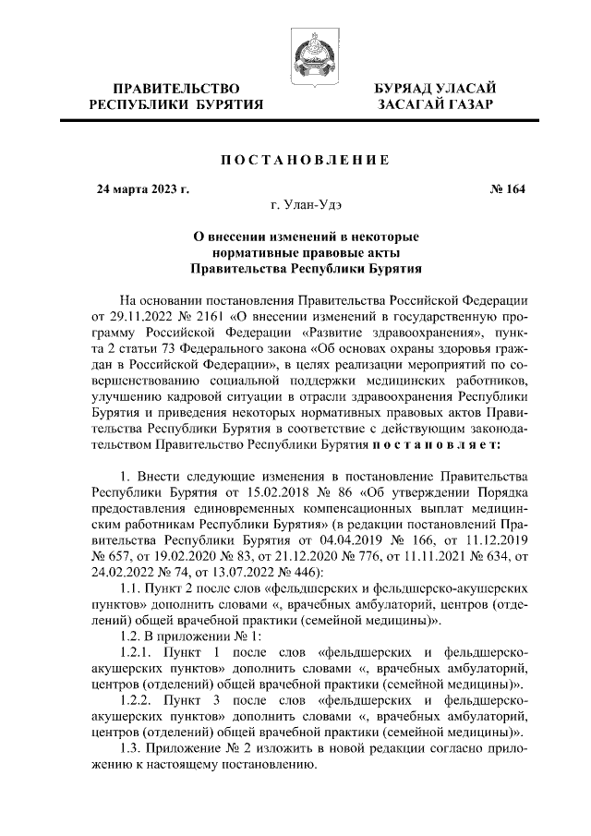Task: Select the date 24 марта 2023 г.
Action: tap(143, 189)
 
